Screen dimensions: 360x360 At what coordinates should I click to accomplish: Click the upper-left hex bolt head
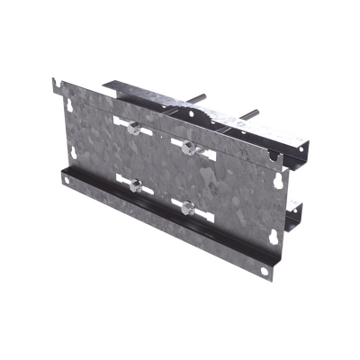point(132,128)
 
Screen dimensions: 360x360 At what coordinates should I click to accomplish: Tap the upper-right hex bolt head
point(187,146)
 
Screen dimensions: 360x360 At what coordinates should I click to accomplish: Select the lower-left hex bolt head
point(133,185)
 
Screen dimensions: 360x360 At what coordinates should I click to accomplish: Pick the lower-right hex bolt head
point(187,207)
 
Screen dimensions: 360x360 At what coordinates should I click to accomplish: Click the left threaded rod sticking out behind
point(202,98)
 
